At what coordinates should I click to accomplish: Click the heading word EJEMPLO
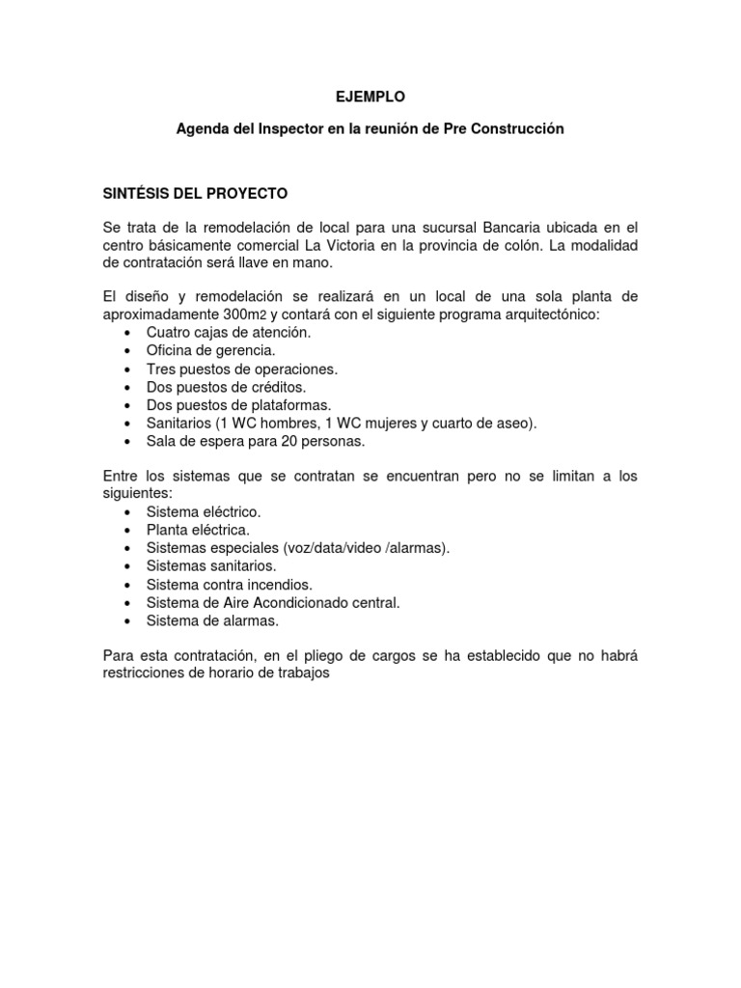(371, 96)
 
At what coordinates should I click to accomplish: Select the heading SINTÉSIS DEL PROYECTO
(196, 192)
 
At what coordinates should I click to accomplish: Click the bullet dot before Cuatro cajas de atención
(128, 333)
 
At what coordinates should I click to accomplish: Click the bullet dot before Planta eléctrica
(128, 531)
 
